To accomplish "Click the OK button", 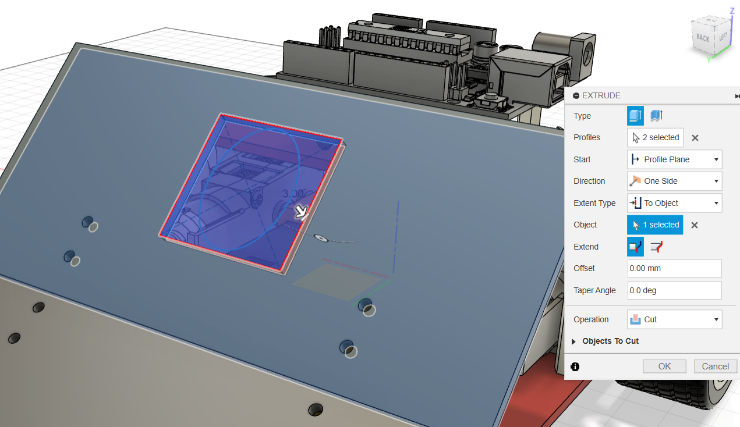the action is coord(664,366).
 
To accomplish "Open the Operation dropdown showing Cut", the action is coord(674,319).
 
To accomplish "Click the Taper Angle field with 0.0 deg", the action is coord(674,290).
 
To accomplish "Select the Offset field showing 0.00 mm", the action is coord(674,268).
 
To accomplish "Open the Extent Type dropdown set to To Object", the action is coord(674,203).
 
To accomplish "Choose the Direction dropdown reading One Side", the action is coord(674,181).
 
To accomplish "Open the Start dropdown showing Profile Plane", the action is coord(674,159).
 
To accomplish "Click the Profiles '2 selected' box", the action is coord(655,138).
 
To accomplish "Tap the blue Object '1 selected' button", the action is coord(655,225).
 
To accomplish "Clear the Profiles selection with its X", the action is coord(695,138).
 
